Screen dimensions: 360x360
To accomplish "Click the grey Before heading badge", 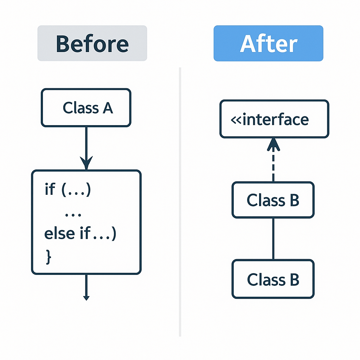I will (x=92, y=43).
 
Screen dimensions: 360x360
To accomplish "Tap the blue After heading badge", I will (x=268, y=43).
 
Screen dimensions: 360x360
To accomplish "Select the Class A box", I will (x=86, y=108).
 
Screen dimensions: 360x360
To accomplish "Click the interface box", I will (x=274, y=120).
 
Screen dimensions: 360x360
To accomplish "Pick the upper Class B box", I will (x=273, y=200).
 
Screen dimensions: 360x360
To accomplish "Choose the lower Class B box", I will (x=273, y=279).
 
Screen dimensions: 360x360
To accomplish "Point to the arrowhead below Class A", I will (x=86, y=164).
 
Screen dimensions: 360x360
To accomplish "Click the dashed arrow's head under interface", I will (x=273, y=144).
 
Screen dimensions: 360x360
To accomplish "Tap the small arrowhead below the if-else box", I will (x=86, y=297).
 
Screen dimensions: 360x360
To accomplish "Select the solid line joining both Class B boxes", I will (x=273, y=239).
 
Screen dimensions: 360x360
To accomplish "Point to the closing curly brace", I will (x=49, y=256).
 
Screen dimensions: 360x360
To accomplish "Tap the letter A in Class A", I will (x=107, y=108).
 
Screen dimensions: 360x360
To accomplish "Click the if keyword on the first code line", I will (x=50, y=189).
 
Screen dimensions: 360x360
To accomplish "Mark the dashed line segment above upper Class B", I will (x=273, y=167).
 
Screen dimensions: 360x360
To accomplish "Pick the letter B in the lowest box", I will (x=294, y=280).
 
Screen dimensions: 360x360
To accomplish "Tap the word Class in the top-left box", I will (x=80, y=108).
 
